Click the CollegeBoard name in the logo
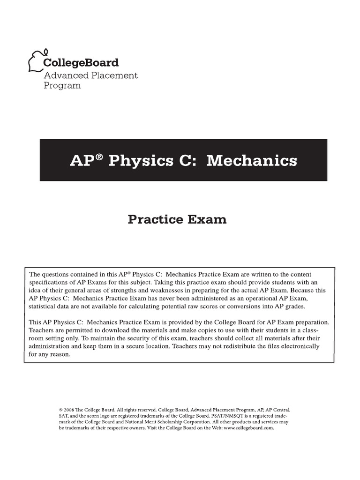[x=81, y=63]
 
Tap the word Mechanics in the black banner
[x=252, y=161]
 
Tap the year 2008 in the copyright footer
[x=68, y=409]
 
